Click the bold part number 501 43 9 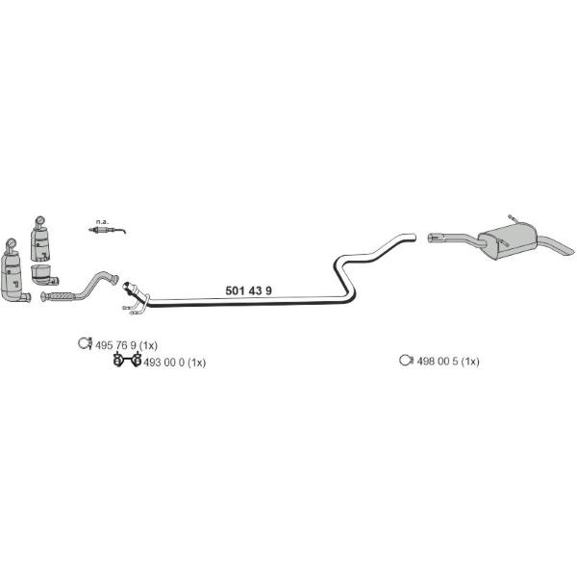click(x=248, y=290)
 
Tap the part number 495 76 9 click(x=115, y=345)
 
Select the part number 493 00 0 click(x=163, y=363)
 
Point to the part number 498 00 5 click(x=438, y=362)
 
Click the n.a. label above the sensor click(x=102, y=222)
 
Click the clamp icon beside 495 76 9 click(x=86, y=343)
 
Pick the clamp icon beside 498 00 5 click(x=406, y=360)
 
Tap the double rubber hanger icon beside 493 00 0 click(x=127, y=360)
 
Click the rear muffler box click(x=507, y=240)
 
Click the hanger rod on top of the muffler click(x=514, y=219)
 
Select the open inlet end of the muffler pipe click(x=431, y=238)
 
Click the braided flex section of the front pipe click(x=62, y=296)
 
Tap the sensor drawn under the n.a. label click(x=107, y=231)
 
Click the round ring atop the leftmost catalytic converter click(x=11, y=243)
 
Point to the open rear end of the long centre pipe click(x=414, y=238)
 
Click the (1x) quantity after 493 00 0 click(x=196, y=363)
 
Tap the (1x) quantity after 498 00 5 click(x=470, y=362)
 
